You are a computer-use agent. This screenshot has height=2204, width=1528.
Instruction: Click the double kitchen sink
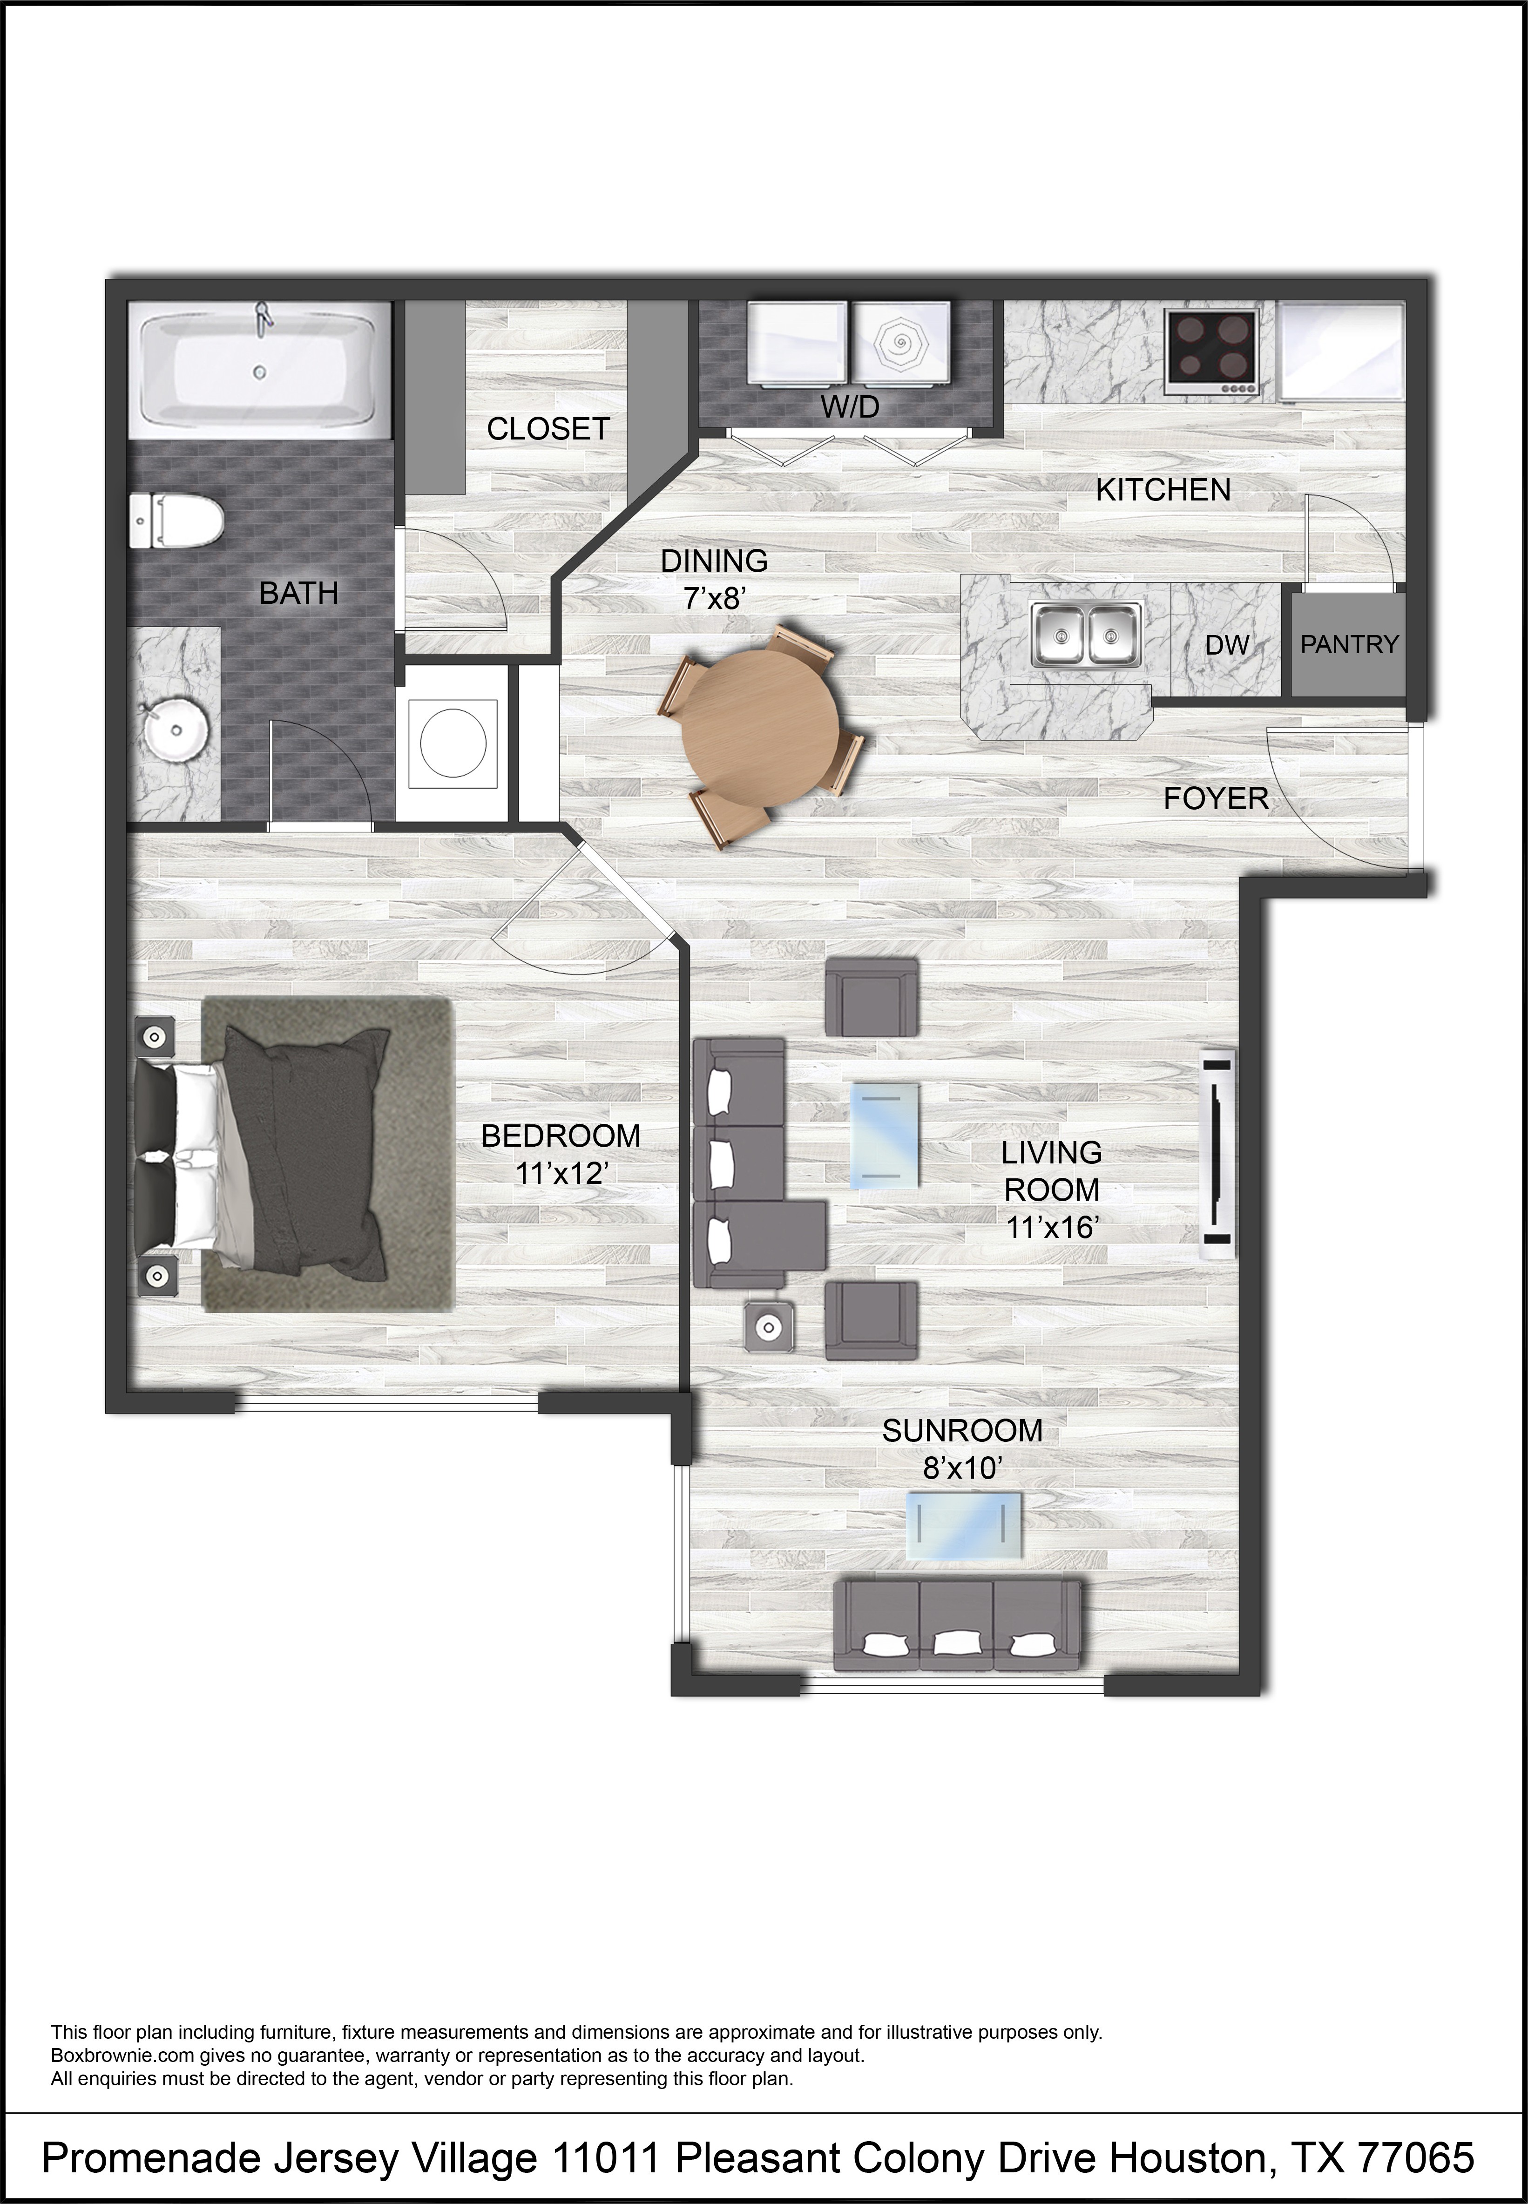pyautogui.click(x=1086, y=634)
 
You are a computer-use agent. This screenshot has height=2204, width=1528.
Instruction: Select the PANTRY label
pyautogui.click(x=1349, y=644)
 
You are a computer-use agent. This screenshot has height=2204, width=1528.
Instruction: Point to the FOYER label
pyautogui.click(x=1216, y=798)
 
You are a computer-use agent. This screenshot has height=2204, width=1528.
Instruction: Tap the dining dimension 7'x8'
pyautogui.click(x=714, y=598)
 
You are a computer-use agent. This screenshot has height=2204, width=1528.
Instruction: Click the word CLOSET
pyautogui.click(x=548, y=429)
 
